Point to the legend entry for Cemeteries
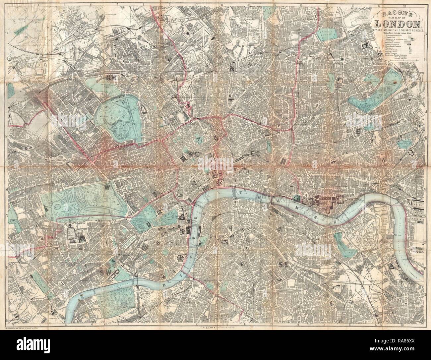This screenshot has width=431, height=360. click(391, 36)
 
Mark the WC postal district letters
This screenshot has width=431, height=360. click(188, 159)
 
